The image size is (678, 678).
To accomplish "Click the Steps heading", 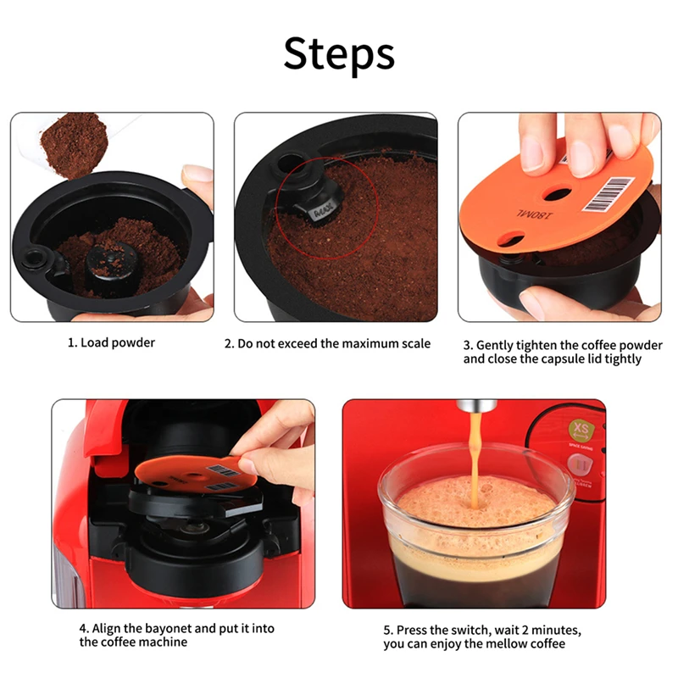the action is point(339,54).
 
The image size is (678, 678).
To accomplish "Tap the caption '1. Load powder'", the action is point(111,343).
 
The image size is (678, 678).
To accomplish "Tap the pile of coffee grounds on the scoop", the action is point(75,145).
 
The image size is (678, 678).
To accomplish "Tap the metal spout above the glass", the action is point(477,406).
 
